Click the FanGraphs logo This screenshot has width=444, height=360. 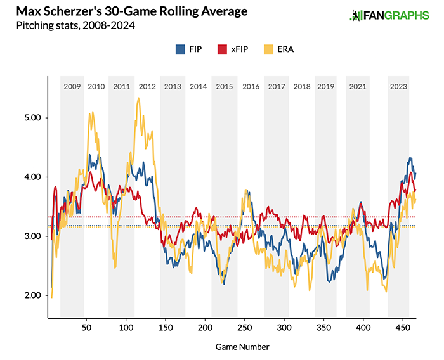coord(389,15)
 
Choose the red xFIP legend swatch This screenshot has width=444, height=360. coord(222,48)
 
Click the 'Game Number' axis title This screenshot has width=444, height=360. coord(242,347)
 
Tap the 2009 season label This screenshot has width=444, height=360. coord(72,86)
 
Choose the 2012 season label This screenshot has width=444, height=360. coord(147,86)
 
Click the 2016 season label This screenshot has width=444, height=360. coord(251,86)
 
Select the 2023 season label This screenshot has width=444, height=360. coord(398,86)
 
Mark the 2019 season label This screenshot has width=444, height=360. coord(325,86)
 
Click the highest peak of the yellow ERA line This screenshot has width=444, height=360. coord(138,98)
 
